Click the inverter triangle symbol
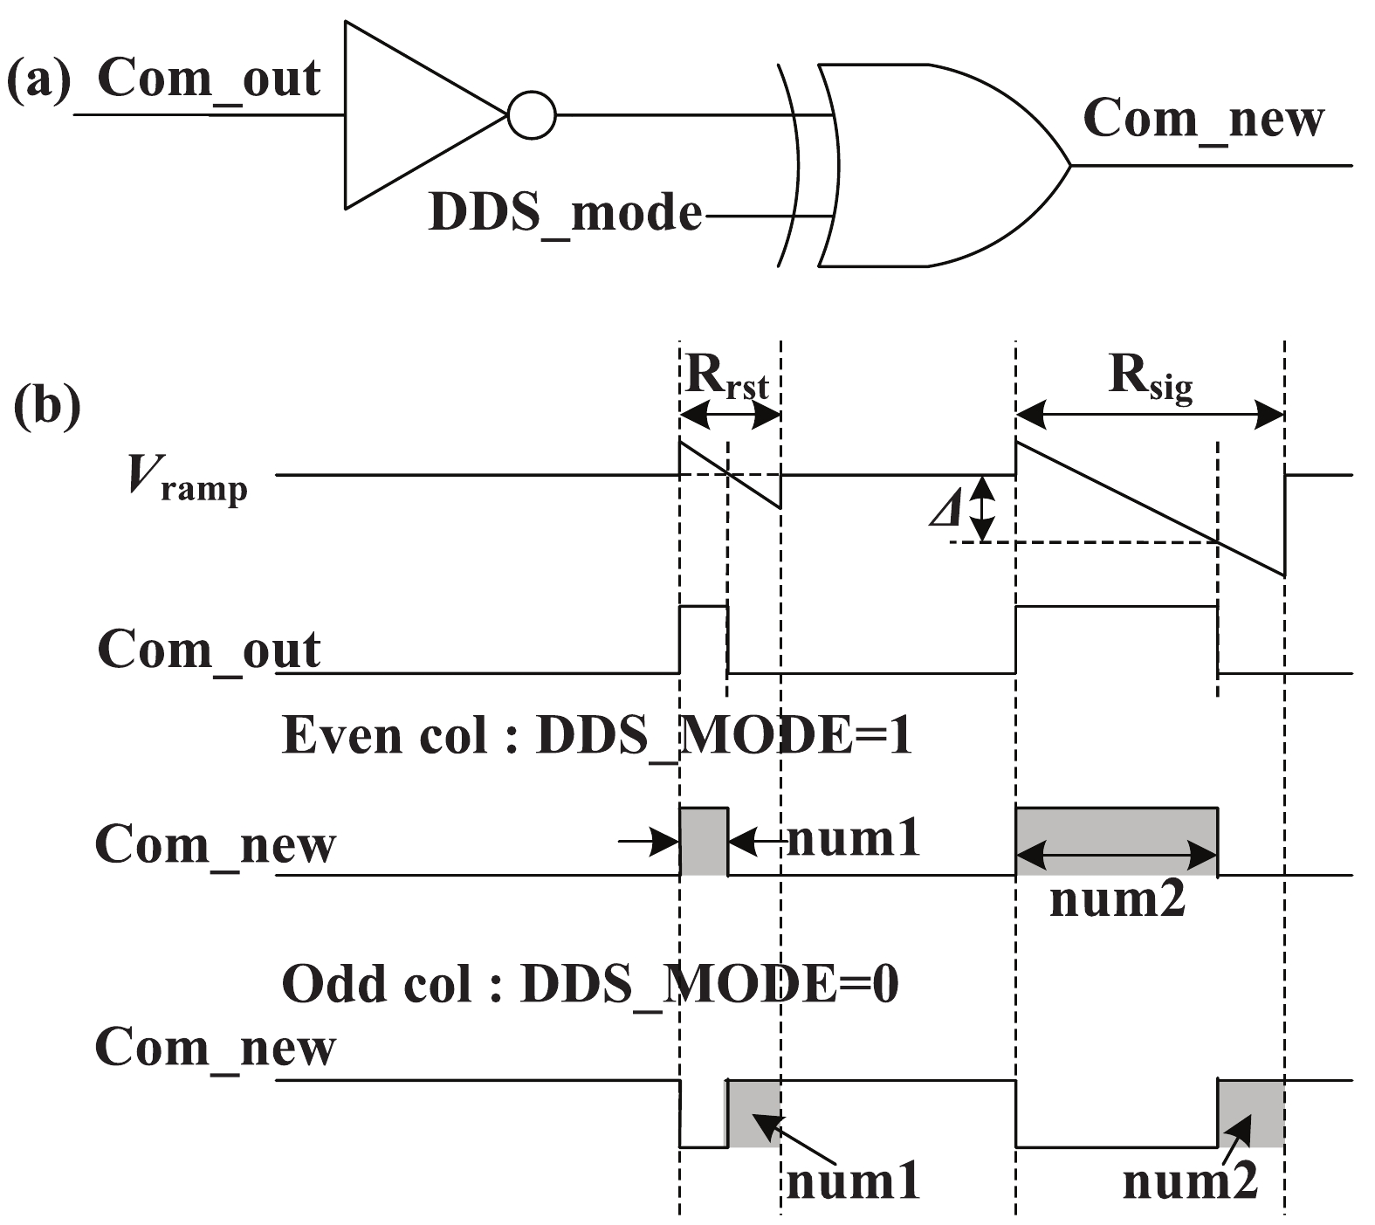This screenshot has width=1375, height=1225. click(410, 115)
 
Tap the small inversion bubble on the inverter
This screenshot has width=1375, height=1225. click(531, 115)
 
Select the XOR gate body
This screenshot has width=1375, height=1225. click(934, 164)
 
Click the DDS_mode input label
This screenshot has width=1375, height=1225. click(566, 213)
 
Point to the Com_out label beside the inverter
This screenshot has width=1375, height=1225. click(209, 79)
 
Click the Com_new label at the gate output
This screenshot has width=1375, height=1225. click(1203, 119)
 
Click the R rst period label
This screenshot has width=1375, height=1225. click(727, 377)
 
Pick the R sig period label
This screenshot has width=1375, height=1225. click(1151, 377)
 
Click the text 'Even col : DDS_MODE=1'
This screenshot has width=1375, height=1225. click(597, 735)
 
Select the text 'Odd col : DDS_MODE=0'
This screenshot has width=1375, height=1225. click(590, 985)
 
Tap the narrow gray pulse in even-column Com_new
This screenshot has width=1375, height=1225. click(703, 842)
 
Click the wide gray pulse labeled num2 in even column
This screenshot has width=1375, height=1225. click(1117, 842)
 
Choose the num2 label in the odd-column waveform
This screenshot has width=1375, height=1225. click(1190, 1182)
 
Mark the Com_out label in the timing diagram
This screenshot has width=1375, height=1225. click(209, 650)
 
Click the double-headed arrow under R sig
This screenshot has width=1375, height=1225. click(1150, 415)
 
